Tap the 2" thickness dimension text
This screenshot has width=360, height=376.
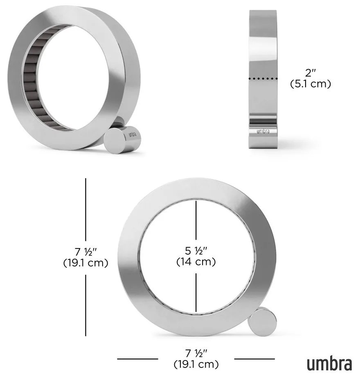310,74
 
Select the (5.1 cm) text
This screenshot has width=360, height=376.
310,84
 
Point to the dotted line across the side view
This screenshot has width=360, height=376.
263,78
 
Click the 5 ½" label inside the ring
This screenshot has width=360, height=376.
196,250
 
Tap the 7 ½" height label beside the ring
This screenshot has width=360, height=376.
85,250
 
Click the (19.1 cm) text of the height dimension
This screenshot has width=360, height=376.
85,263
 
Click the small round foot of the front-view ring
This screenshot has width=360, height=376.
261,320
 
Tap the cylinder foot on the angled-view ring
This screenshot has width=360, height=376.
123,139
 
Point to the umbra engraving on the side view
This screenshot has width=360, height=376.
263,131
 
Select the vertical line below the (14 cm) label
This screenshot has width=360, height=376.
196,292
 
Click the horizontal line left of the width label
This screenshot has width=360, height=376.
137,359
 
